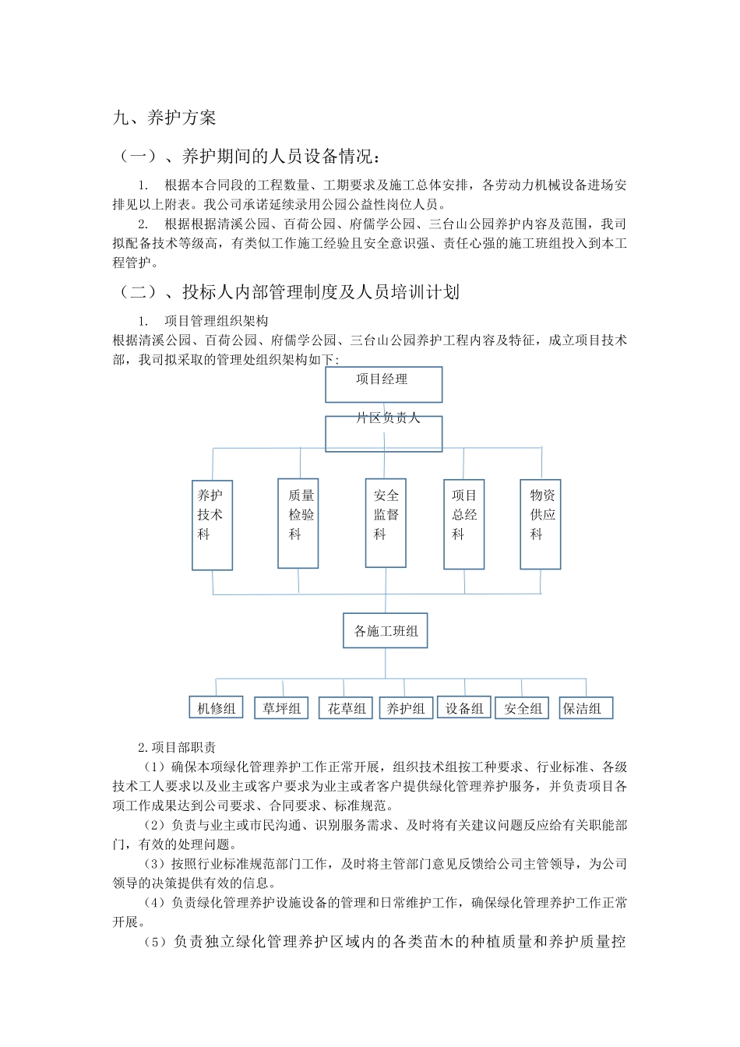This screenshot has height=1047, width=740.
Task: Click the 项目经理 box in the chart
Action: click(x=384, y=384)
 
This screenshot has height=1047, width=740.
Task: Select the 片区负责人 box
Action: click(x=384, y=433)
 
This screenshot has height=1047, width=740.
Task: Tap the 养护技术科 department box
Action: click(x=212, y=524)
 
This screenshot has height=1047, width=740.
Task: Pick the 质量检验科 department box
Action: click(x=298, y=523)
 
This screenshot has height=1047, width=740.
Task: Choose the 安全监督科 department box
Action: click(x=386, y=523)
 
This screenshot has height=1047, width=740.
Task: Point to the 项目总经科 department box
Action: click(x=464, y=523)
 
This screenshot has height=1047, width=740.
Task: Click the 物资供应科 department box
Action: click(x=541, y=523)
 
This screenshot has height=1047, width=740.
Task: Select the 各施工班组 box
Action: click(x=386, y=631)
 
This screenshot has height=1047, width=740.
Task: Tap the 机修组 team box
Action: click(x=216, y=708)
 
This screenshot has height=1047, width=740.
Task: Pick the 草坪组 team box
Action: click(x=281, y=708)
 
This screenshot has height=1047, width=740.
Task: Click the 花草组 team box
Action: click(x=347, y=708)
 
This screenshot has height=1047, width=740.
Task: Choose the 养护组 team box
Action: click(x=406, y=708)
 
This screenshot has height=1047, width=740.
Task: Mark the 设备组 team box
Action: click(x=464, y=708)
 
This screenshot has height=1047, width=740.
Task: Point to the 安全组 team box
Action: click(x=523, y=708)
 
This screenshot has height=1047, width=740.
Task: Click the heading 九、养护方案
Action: click(x=164, y=118)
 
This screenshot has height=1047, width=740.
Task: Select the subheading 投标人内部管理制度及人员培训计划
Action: click(x=288, y=292)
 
